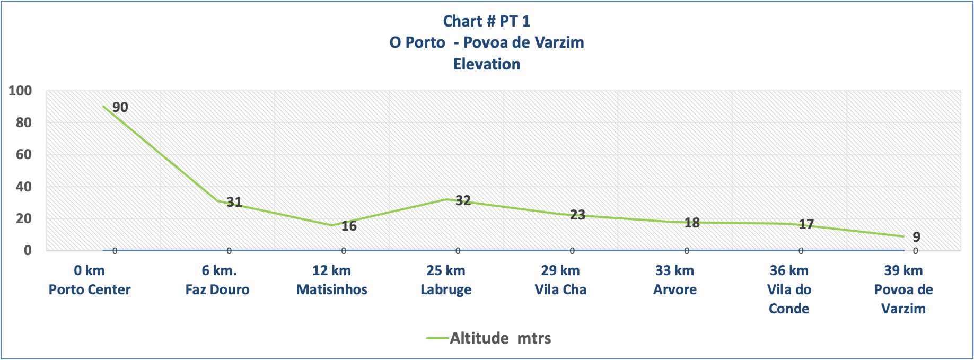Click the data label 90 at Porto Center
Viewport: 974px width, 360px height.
pyautogui.click(x=120, y=108)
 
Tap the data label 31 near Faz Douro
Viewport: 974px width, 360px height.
pyautogui.click(x=234, y=202)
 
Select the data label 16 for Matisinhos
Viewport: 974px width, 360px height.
pyautogui.click(x=349, y=226)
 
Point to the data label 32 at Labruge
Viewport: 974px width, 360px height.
pyautogui.click(x=463, y=200)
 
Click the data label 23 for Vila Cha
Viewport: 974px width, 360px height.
pyautogui.click(x=577, y=215)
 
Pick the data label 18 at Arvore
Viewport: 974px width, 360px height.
pyautogui.click(x=692, y=223)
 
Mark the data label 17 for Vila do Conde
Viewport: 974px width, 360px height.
pyautogui.click(x=806, y=225)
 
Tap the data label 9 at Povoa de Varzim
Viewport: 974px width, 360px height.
pyautogui.click(x=916, y=238)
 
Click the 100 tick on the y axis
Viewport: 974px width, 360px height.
pyautogui.click(x=21, y=91)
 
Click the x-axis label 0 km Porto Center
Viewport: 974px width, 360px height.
pyautogui.click(x=90, y=280)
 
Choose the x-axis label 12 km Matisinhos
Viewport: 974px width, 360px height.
pyautogui.click(x=332, y=280)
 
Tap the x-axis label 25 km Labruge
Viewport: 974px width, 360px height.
pyautogui.click(x=446, y=280)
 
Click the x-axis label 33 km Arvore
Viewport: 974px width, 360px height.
pyautogui.click(x=674, y=280)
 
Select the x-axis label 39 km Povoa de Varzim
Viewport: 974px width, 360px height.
pyautogui.click(x=903, y=289)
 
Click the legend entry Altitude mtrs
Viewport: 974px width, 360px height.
pyautogui.click(x=489, y=338)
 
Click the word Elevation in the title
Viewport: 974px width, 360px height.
pyautogui.click(x=487, y=64)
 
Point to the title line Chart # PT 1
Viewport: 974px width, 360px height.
pyautogui.click(x=487, y=21)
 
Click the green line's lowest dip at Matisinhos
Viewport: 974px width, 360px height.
pyautogui.click(x=332, y=225)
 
